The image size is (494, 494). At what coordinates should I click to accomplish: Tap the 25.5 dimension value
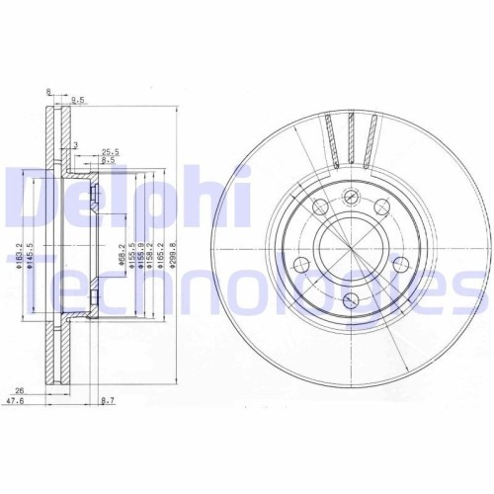(x=111, y=151)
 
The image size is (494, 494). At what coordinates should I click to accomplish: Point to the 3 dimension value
(x=76, y=144)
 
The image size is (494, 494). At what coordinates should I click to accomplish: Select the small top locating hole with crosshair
(x=351, y=196)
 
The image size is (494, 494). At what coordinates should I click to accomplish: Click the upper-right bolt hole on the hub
(x=381, y=205)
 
